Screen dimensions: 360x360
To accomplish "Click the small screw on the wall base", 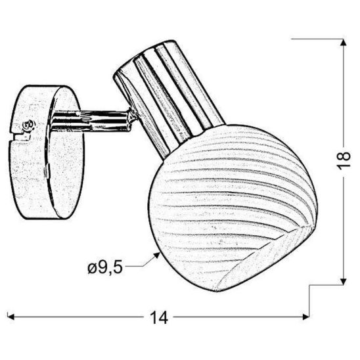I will [x=28, y=124].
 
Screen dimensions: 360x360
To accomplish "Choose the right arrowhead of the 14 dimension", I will [x=306, y=318].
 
